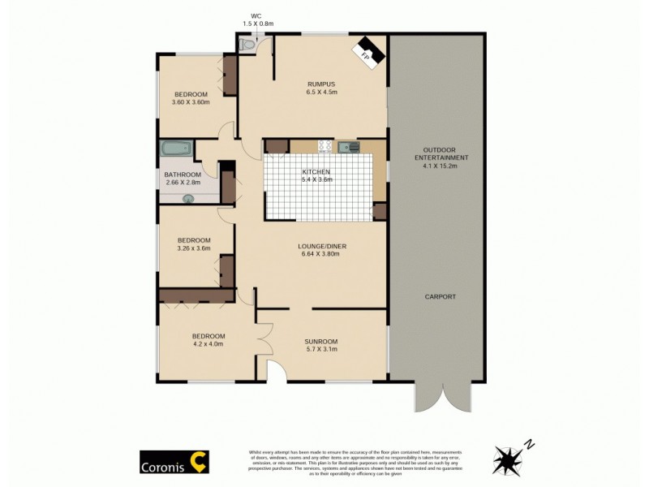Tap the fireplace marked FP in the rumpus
coord(366,53)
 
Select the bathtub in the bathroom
coord(175,149)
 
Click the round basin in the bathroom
coord(189,197)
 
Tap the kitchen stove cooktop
coord(325,147)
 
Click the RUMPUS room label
coord(321,84)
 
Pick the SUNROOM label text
coord(320,341)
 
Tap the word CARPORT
coord(440,297)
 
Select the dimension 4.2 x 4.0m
coord(208,344)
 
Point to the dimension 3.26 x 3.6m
coord(195,248)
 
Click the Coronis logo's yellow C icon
coord(198,460)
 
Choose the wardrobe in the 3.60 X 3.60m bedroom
coord(230,75)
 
